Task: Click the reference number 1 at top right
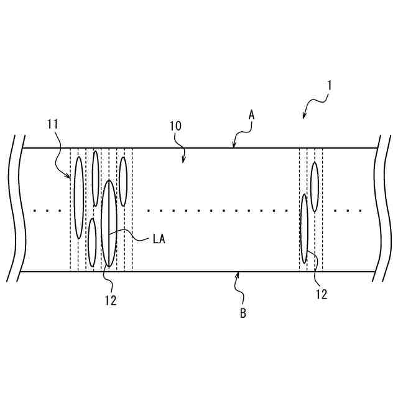(329, 83)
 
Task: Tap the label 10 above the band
(175, 126)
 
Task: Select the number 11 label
(52, 124)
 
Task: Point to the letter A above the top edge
(252, 115)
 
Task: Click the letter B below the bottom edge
(243, 313)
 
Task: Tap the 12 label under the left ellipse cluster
(111, 300)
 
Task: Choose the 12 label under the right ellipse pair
(322, 295)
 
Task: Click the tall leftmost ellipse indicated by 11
(79, 197)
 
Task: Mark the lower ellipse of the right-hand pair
(305, 228)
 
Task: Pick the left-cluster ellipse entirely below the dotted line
(92, 243)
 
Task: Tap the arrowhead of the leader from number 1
(303, 117)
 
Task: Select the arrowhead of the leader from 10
(183, 160)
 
